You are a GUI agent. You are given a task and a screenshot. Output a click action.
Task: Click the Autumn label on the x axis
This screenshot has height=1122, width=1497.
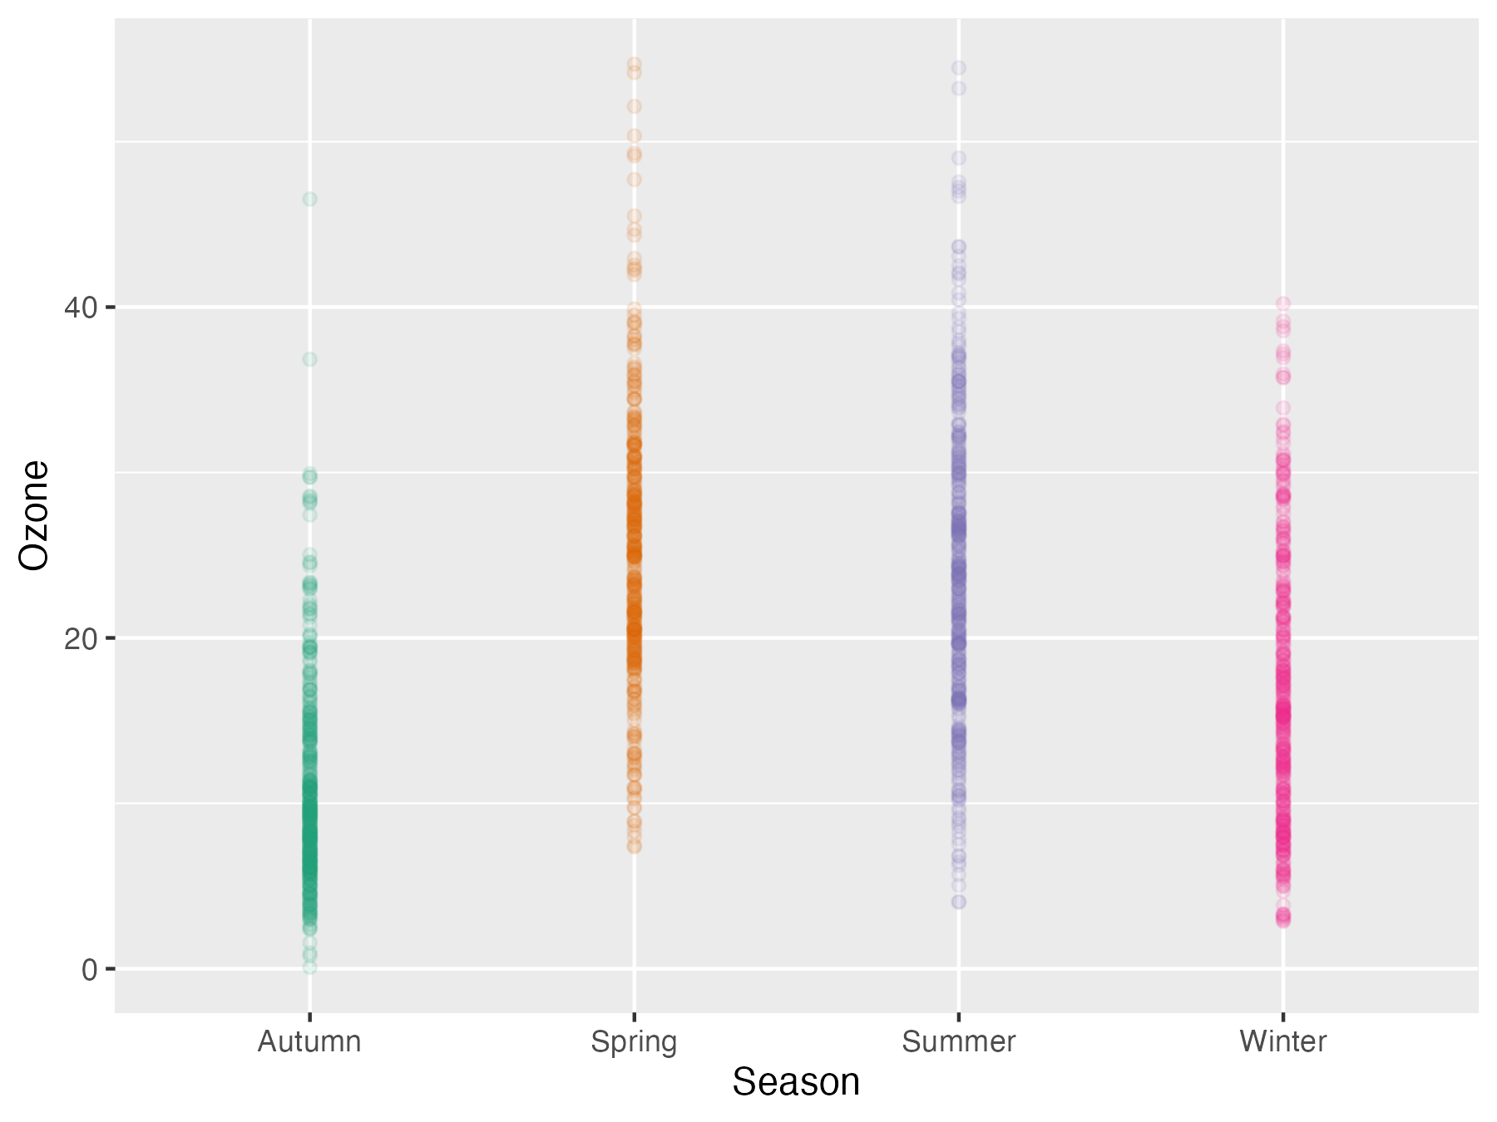coord(309,1041)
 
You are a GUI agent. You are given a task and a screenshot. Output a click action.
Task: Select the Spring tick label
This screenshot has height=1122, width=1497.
coord(634,1041)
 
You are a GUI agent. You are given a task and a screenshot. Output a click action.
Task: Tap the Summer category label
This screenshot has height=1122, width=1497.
coord(958,1041)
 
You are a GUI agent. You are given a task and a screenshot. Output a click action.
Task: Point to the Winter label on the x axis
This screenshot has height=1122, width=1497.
coord(1282,1041)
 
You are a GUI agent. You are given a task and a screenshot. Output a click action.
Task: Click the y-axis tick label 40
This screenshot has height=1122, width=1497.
coord(80,308)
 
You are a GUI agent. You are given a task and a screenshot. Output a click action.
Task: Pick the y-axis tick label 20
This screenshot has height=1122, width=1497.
coord(80,638)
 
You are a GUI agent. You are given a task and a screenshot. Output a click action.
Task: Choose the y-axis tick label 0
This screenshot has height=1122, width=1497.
coord(89,969)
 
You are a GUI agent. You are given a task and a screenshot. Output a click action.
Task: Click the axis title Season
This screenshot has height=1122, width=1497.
coord(796,1082)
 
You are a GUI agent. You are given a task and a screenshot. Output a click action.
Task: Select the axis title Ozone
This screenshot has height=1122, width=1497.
coord(35,515)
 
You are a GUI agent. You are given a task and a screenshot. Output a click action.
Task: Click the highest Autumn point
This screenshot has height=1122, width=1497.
coord(309,199)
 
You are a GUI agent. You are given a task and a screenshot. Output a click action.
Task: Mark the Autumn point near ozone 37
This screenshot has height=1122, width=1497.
coord(309,359)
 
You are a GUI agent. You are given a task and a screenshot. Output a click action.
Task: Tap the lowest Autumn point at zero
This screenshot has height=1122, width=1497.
coord(309,967)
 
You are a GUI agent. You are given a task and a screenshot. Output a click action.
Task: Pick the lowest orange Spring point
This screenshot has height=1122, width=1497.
coord(634,846)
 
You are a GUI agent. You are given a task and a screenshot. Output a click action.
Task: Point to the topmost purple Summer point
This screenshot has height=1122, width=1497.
coord(958,68)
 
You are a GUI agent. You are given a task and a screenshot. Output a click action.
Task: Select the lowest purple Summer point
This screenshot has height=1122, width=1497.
coord(958,901)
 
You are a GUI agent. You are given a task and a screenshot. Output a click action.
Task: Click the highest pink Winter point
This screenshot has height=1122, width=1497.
coord(1282,303)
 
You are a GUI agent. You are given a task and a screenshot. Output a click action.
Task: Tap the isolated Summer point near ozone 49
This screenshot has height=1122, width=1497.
coord(958,158)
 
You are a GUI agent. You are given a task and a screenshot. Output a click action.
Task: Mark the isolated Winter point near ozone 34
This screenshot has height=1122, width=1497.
coord(1282,408)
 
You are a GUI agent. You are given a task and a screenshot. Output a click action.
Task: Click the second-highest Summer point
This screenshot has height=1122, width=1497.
coord(958,88)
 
